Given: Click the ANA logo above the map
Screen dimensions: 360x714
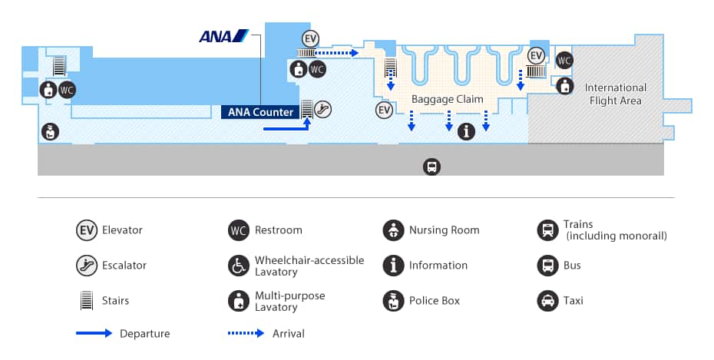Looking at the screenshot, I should (223, 36).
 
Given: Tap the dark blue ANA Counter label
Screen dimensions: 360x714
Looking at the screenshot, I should (260, 112).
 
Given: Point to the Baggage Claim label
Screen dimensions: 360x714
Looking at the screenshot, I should (447, 99).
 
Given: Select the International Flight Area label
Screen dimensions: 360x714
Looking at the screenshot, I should (616, 94).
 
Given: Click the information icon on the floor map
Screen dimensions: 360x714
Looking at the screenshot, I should (466, 131).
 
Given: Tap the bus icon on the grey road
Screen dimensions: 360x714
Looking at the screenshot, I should (432, 167).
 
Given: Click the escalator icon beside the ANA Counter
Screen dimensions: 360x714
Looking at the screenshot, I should (323, 109).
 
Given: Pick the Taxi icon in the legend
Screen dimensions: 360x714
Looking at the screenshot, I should (547, 300).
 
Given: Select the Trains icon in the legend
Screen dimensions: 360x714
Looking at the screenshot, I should (547, 230).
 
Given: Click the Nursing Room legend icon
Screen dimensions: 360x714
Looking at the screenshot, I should (393, 230).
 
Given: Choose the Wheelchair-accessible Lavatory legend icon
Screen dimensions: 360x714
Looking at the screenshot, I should (239, 265).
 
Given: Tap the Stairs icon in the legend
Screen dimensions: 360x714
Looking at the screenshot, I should (86, 300).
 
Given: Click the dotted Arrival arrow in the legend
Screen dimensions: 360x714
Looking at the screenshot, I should (246, 333).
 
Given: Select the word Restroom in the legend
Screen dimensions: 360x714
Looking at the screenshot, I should (279, 230).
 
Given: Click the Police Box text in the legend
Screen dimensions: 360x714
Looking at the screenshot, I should (435, 300).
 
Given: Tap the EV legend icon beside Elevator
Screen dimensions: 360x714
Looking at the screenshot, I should (86, 230).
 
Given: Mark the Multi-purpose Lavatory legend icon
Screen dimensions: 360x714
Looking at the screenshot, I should (239, 300).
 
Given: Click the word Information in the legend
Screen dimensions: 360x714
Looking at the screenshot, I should (438, 265).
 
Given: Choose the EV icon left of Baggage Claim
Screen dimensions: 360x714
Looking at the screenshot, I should (385, 111).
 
